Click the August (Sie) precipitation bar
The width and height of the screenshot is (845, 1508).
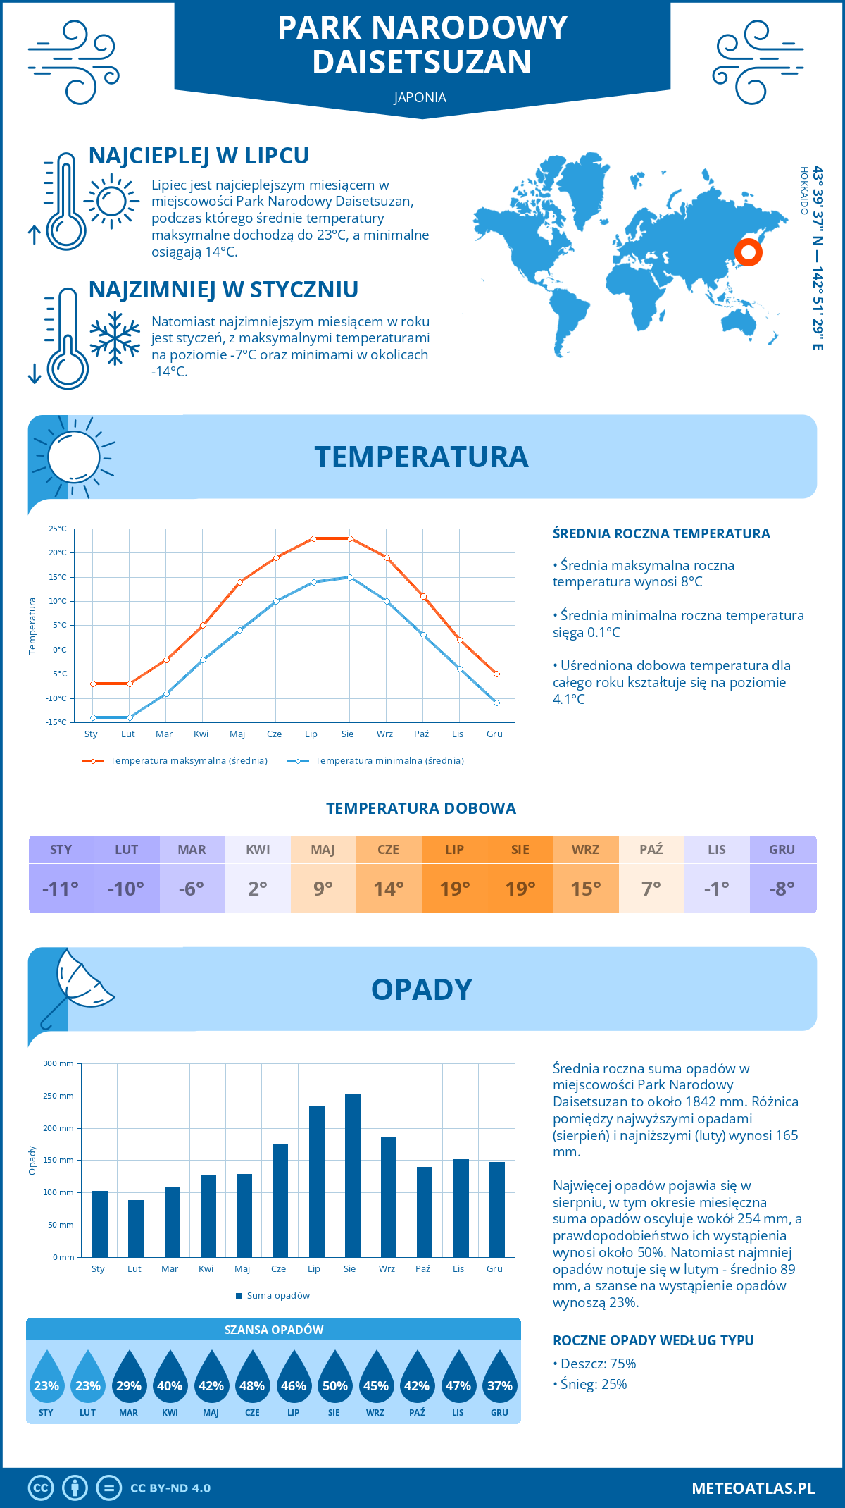353,1175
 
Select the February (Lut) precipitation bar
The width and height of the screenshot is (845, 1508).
136,1228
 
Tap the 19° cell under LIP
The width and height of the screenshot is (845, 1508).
455,889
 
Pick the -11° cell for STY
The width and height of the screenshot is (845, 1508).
61,889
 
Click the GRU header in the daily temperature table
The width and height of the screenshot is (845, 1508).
782,849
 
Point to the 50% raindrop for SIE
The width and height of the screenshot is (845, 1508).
334,1381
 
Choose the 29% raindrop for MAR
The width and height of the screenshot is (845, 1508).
129,1381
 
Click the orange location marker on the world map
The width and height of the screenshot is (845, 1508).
748,252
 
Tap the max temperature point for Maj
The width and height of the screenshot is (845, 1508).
239,582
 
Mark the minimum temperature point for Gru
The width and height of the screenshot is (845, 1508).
496,703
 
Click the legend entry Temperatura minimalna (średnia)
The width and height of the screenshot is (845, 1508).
377,761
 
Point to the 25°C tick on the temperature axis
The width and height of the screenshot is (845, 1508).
58,529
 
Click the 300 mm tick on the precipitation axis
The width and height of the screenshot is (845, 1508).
58,1063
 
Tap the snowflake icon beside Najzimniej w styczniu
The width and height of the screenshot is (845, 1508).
115,338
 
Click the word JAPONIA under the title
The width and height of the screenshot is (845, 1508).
420,97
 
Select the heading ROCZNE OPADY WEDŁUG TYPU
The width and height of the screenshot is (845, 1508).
653,1340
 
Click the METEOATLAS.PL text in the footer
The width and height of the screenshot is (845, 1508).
753,1488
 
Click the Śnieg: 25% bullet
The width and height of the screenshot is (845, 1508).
590,1384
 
